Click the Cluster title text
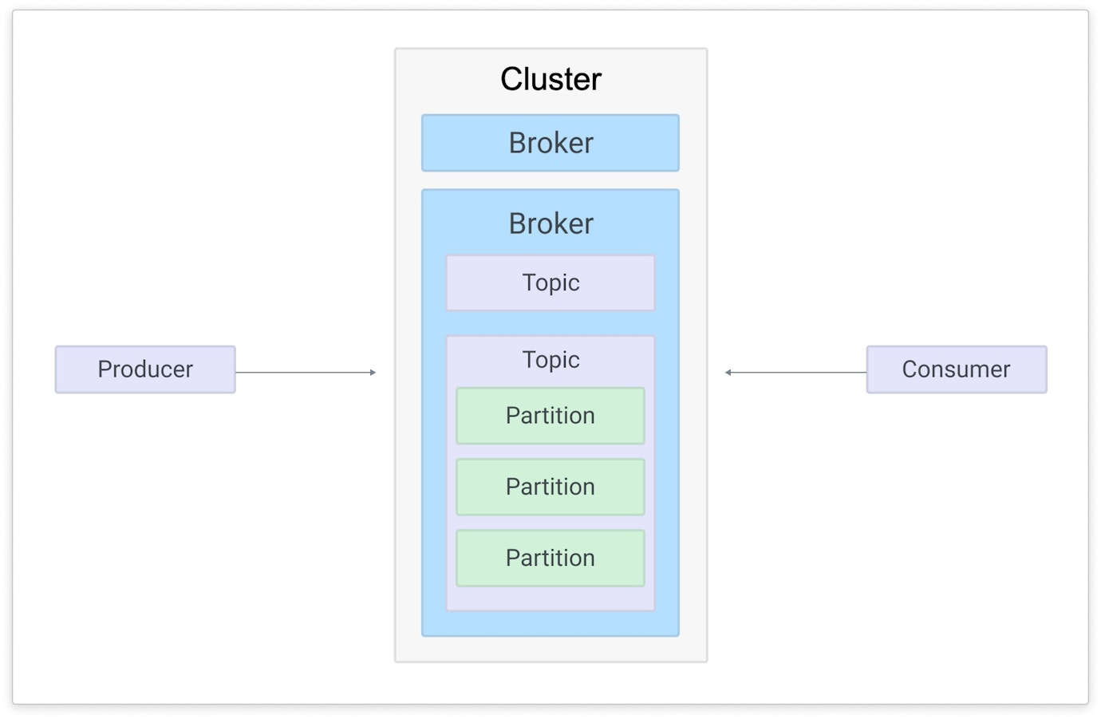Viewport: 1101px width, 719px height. (550, 79)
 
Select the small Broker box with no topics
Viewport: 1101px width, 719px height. (550, 143)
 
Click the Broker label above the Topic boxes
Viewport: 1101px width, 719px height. (550, 223)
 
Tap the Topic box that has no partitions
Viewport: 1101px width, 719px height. (550, 282)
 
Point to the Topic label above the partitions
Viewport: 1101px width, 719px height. (550, 360)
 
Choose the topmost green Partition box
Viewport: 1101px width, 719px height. (550, 416)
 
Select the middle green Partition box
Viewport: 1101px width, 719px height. (550, 487)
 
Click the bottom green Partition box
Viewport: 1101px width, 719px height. (550, 558)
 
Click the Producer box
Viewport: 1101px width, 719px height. (145, 369)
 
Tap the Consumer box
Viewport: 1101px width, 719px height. (956, 369)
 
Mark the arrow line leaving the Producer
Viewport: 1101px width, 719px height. (303, 373)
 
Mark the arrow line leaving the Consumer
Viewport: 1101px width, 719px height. (798, 373)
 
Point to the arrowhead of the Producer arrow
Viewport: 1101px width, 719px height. (373, 373)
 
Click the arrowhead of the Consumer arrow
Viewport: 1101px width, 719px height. (728, 373)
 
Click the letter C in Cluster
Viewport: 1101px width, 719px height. (512, 80)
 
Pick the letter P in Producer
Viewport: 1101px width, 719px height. (104, 369)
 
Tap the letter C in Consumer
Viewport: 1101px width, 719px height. (910, 369)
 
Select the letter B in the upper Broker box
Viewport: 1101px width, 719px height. (517, 144)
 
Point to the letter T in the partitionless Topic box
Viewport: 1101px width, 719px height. (529, 282)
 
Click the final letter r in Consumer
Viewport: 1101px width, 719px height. (1006, 370)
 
